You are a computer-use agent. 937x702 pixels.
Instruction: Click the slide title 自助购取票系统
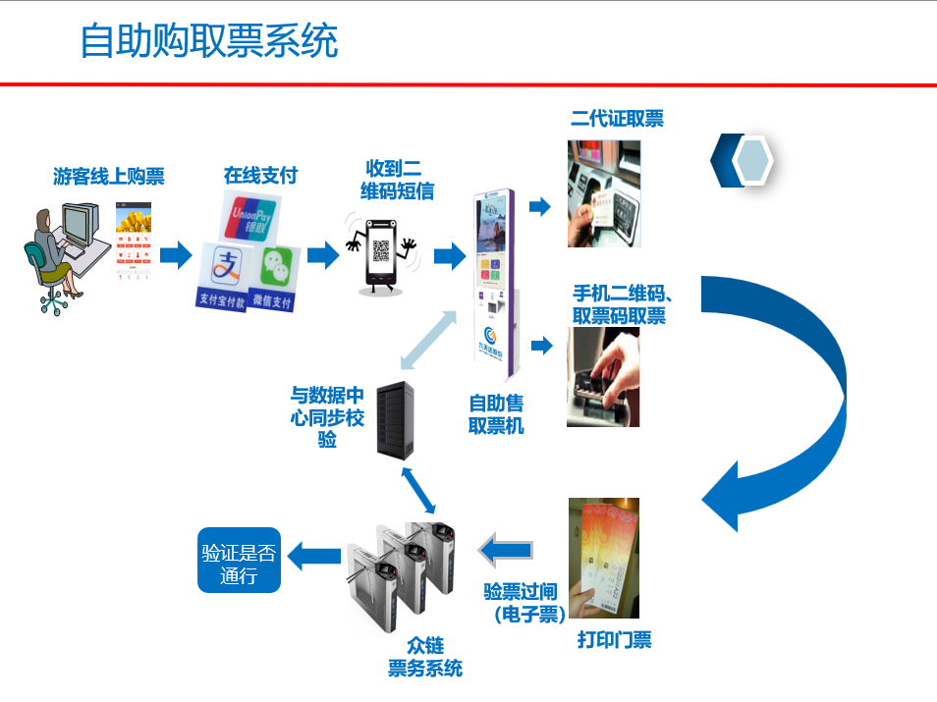(209, 42)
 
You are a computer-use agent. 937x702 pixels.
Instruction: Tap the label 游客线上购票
(108, 177)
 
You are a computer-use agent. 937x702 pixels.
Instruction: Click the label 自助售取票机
(496, 413)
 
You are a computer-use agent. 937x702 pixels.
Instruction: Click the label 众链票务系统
(424, 657)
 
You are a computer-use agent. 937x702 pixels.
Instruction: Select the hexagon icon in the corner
(752, 160)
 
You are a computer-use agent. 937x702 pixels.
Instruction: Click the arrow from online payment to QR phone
(322, 255)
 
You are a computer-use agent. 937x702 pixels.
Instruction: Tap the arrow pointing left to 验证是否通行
(313, 557)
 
